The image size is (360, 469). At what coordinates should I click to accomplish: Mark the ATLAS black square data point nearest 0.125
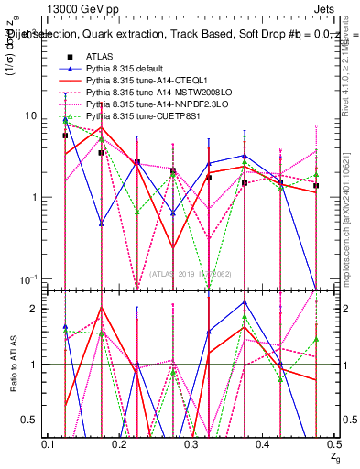coord(65,136)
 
